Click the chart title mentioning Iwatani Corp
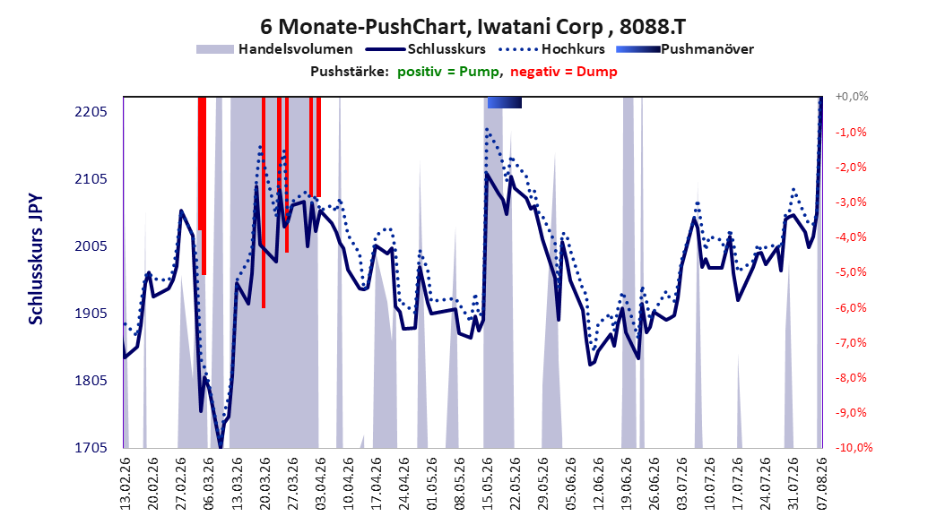click(472, 27)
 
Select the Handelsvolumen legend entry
click(274, 49)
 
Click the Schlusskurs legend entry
click(425, 49)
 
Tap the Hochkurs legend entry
click(552, 49)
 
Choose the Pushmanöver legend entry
click(685, 49)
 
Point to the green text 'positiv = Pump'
click(448, 72)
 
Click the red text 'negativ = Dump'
click(564, 72)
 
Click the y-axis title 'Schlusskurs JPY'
click(36, 259)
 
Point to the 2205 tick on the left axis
click(91, 112)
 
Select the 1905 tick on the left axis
click(91, 314)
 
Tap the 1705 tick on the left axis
click(91, 448)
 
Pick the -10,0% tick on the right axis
click(854, 447)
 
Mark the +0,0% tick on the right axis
click(852, 97)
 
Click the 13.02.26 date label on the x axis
click(126, 484)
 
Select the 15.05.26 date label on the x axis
click(487, 484)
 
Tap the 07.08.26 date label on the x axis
click(821, 484)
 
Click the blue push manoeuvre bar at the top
click(505, 103)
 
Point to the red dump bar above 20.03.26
click(264, 202)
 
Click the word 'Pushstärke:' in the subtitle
click(350, 72)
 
